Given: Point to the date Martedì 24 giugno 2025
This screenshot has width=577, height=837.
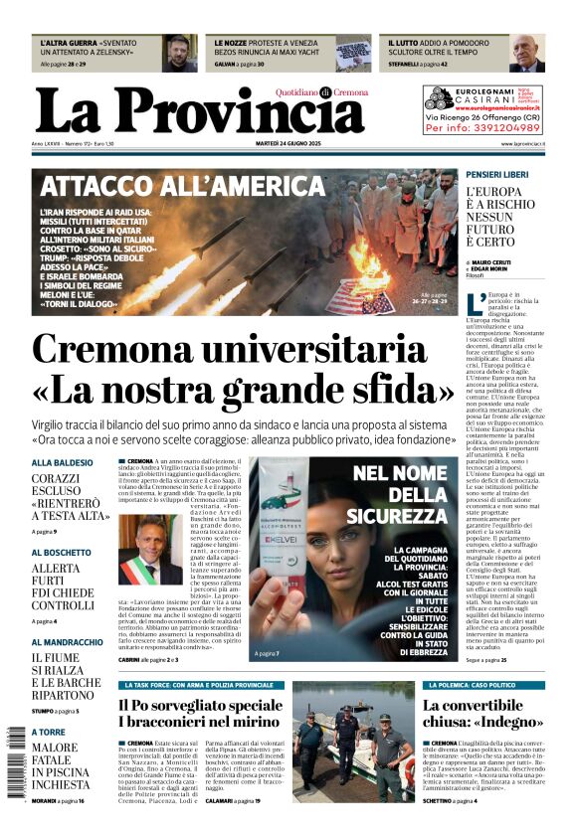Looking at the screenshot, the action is click(x=289, y=144).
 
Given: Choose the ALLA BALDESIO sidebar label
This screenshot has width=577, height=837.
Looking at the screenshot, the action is click(x=62, y=463).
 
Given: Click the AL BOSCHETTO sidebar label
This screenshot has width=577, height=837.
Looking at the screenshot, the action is click(x=62, y=552).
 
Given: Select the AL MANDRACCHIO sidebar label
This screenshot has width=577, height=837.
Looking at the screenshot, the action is click(x=67, y=642).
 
